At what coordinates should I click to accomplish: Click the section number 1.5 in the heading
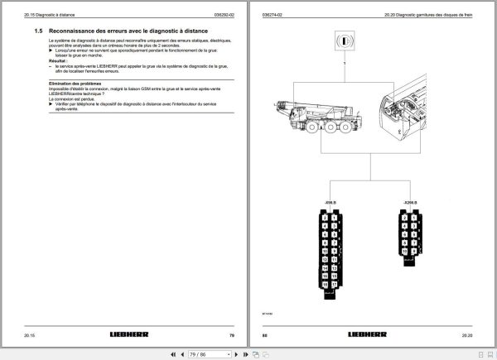coord(39,30)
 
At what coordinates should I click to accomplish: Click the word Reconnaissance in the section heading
coord(78,30)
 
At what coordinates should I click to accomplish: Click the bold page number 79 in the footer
coord(231,335)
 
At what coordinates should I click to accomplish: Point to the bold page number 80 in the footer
coord(265,335)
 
